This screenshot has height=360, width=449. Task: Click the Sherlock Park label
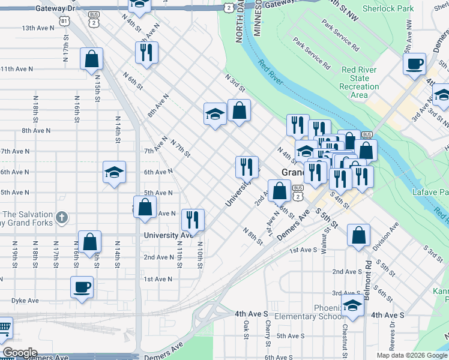tap(389, 9)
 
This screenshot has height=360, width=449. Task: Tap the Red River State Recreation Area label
tap(359, 82)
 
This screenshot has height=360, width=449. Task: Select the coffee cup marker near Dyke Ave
tap(82, 286)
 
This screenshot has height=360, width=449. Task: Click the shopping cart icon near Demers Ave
tap(4, 328)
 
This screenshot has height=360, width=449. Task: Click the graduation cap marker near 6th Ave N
tap(114, 173)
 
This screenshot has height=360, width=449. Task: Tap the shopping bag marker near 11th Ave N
tap(91, 59)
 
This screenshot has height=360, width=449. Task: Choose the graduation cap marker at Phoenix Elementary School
tap(352, 305)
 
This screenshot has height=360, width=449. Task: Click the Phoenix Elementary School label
tap(310, 312)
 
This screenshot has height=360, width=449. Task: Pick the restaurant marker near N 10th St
tap(192, 220)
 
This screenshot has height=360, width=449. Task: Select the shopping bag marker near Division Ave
tap(358, 236)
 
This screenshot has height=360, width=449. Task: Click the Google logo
tap(19, 353)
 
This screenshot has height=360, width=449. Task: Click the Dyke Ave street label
tap(24, 300)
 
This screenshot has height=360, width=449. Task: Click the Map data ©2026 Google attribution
tap(412, 355)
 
